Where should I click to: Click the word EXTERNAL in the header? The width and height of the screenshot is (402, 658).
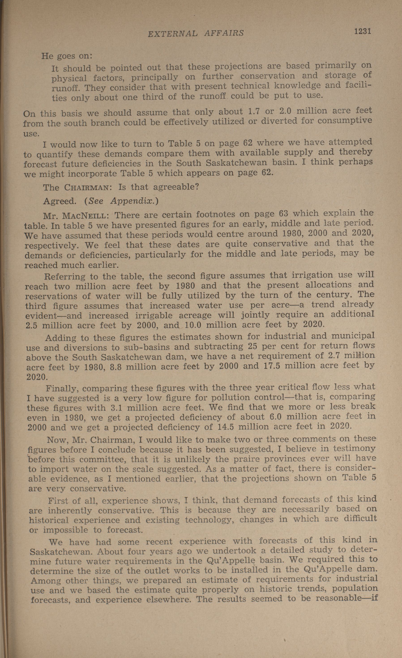[x=173, y=33]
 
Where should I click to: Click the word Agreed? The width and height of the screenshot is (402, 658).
[x=60, y=201]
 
